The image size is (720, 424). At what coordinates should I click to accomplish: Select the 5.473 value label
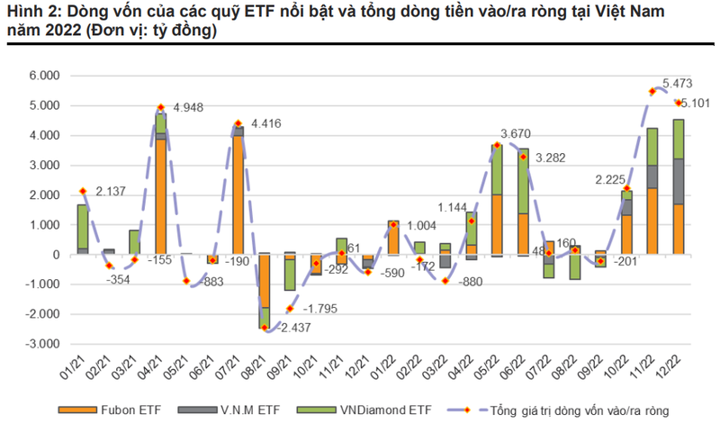coord(676,83)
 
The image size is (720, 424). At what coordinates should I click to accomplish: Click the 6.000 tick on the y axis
coord(40,76)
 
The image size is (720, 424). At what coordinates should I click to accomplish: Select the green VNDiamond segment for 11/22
coord(652,146)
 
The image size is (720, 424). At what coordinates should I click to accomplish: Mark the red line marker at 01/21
coord(82,191)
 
